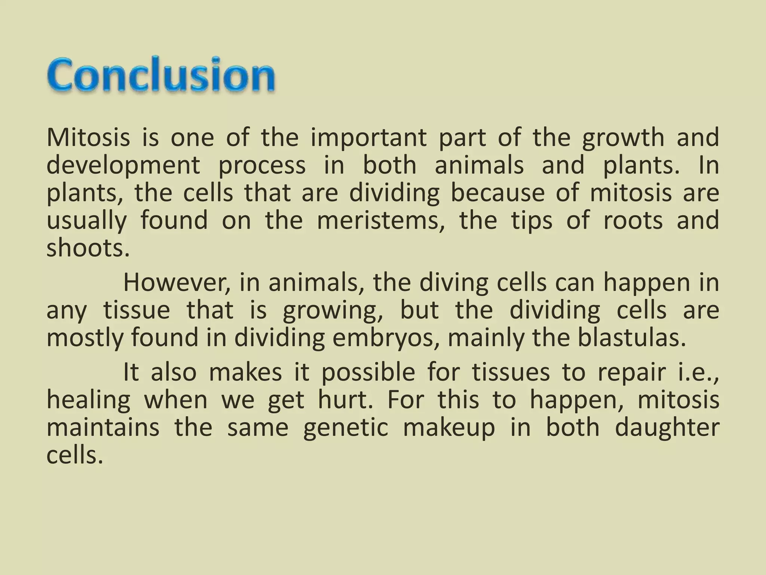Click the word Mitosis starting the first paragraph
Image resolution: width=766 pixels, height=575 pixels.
88,137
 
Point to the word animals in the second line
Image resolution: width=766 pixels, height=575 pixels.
479,165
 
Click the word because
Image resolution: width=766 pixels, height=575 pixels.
497,193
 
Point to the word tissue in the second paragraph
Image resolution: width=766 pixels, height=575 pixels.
136,310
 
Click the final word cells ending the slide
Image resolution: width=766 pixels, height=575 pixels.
73,456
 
